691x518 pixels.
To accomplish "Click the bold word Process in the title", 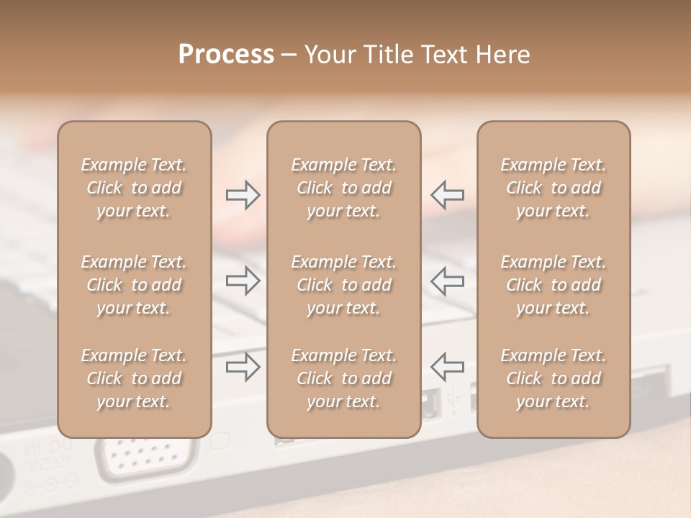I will (226, 55).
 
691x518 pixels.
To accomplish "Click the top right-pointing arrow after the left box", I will (243, 195).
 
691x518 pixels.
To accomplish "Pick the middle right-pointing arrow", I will (243, 281).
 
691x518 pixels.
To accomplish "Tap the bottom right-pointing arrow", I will (243, 366).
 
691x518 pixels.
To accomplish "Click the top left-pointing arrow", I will (447, 195).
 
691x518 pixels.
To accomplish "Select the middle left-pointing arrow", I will (447, 281).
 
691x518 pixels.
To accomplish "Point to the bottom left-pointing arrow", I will (447, 366).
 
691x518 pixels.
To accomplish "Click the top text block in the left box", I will (134, 188).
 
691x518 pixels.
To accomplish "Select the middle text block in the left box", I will (134, 285).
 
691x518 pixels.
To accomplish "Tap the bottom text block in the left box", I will (134, 378).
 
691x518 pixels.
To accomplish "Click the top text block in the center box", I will (343, 188).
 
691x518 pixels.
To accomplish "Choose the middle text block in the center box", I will (343, 285).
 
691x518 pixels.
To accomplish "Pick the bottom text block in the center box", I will (343, 378).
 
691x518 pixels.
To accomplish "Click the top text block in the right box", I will (553, 188).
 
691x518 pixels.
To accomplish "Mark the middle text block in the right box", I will (553, 285).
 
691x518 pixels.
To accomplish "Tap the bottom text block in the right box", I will (553, 378).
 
